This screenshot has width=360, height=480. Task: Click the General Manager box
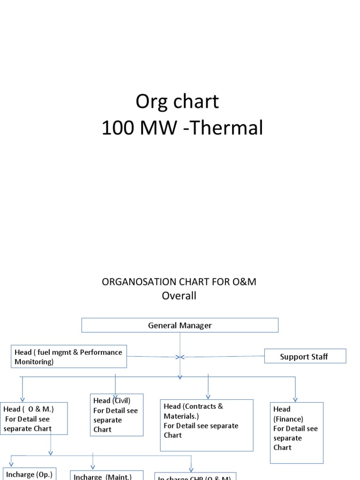(x=180, y=325)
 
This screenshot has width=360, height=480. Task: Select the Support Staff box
(x=305, y=356)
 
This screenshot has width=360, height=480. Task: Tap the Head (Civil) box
(x=116, y=415)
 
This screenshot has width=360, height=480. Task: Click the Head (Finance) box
(x=296, y=432)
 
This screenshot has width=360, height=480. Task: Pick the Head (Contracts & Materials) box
(x=207, y=425)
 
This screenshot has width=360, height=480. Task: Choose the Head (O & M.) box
(x=34, y=419)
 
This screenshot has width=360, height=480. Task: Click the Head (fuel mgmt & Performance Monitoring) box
(x=68, y=357)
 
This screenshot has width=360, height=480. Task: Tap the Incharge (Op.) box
(x=30, y=474)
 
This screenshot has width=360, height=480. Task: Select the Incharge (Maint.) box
(x=107, y=475)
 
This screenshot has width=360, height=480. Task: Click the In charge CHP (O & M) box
(x=195, y=476)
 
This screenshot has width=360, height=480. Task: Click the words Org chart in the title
(x=177, y=101)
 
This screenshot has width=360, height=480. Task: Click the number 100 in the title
(x=118, y=128)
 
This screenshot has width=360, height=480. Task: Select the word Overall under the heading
(x=179, y=296)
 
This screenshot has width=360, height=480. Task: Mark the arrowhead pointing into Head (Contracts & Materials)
(x=208, y=396)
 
